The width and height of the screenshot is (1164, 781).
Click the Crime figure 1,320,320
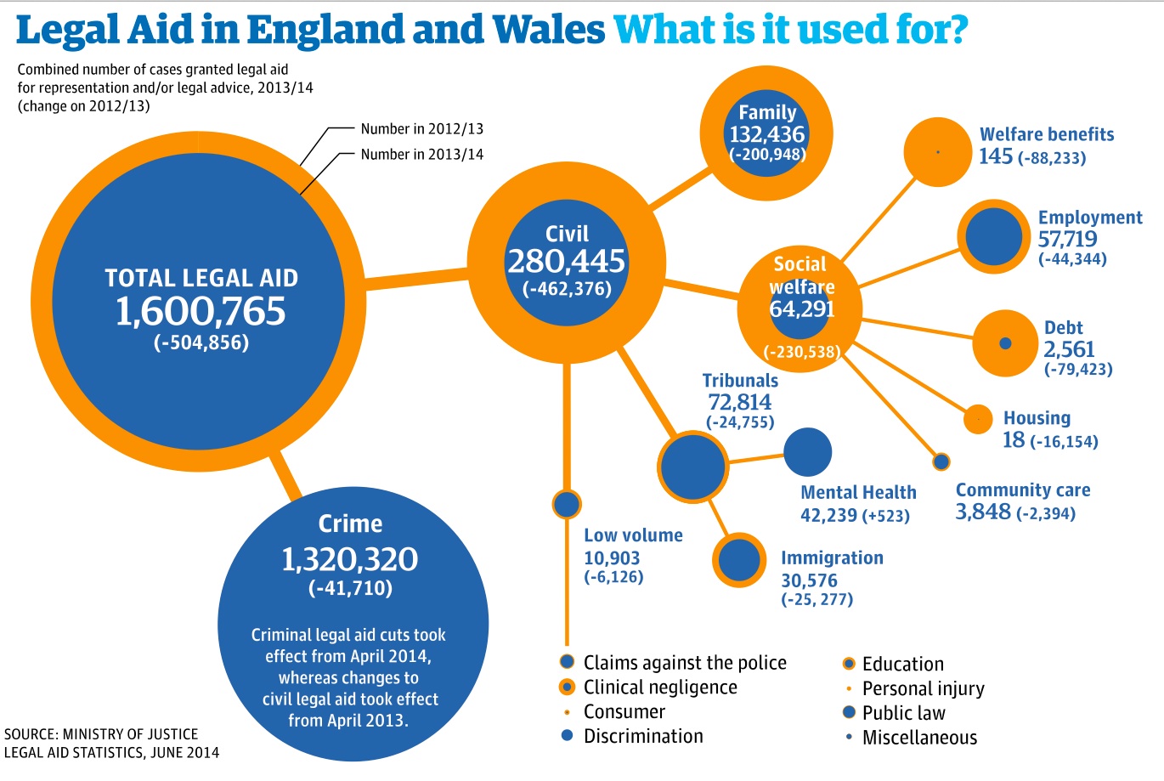click(349, 559)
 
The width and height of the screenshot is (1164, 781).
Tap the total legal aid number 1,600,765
click(201, 312)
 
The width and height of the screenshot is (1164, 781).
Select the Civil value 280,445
click(566, 261)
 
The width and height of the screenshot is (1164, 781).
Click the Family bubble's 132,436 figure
click(766, 133)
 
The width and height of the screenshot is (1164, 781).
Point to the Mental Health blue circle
click(807, 451)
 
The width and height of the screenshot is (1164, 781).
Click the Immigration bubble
click(739, 560)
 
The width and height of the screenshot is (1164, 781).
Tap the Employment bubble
click(993, 237)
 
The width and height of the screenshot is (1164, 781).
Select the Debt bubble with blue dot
click(1005, 343)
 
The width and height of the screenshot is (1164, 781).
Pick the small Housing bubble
click(978, 419)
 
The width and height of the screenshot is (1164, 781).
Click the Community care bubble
click(941, 461)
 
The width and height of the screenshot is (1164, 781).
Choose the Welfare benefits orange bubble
click(937, 152)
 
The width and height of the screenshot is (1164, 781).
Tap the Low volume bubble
click(566, 504)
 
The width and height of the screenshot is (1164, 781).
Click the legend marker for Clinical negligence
click(568, 687)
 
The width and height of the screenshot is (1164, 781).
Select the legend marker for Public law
click(848, 712)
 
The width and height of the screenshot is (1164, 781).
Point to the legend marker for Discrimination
click(568, 735)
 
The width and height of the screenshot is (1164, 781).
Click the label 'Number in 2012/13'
click(421, 129)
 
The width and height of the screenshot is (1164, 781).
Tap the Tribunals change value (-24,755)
click(740, 422)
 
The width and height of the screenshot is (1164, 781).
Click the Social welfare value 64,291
click(801, 308)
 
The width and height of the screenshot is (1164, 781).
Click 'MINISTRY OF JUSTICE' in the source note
click(130, 733)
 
